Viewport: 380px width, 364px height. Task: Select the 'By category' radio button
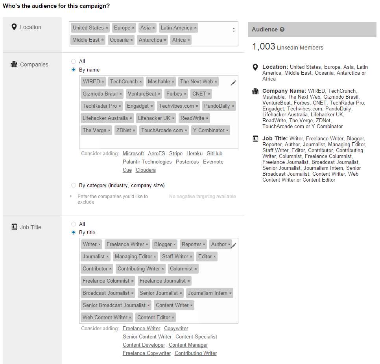coord(74,185)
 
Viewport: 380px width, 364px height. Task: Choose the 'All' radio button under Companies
coord(74,61)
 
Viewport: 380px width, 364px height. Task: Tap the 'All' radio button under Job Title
coord(74,224)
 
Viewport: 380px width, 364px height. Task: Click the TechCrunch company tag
coord(126,82)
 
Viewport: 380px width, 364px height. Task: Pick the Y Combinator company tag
coord(210,130)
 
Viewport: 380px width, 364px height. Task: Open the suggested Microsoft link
coord(133,154)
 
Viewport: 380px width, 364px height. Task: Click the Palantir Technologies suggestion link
coord(147,162)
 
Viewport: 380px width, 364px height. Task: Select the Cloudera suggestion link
coord(146,170)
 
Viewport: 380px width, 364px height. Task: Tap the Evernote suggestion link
coord(213,162)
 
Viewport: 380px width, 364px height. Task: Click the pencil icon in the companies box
coord(233,83)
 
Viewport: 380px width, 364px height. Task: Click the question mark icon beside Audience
coord(282,29)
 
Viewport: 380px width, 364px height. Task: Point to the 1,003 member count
coord(264,46)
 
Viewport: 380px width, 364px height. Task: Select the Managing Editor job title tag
coord(135,256)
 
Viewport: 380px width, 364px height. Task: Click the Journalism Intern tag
coord(210,293)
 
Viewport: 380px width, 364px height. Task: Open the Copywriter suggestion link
coord(176,328)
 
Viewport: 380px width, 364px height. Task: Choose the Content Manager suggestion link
coord(188,345)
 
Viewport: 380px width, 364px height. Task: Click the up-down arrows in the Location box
coord(234,30)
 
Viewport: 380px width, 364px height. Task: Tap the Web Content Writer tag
coord(107,317)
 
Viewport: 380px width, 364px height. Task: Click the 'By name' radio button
coord(74,70)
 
